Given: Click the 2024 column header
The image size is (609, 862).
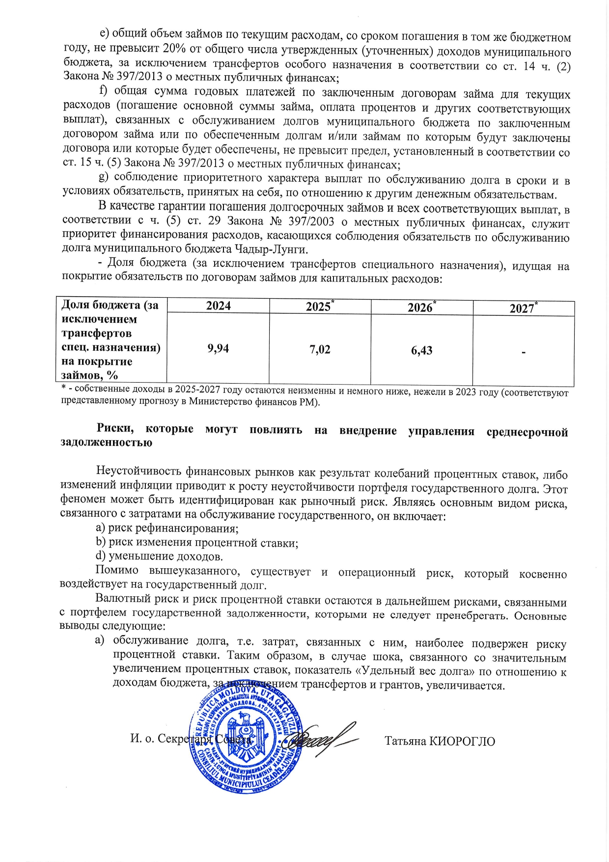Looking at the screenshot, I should tap(218, 306).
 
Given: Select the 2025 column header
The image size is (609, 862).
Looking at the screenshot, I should tap(319, 307).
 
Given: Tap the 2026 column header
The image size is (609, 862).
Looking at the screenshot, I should tap(421, 307).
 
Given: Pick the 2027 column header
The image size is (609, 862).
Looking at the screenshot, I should tap(523, 308).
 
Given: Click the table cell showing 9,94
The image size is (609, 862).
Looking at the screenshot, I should tap(218, 349).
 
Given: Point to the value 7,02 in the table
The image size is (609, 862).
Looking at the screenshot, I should tap(320, 350).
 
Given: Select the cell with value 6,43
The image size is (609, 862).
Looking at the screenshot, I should tap(421, 351).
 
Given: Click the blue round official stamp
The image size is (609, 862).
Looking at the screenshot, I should tap(246, 737).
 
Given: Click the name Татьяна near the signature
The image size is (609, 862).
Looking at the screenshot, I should tap(405, 741).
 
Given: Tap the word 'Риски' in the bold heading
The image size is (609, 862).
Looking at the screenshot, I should tap(115, 428).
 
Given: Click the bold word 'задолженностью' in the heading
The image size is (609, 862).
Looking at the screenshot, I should tap(106, 443).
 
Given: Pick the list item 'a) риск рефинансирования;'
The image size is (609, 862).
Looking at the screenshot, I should tap(167, 528).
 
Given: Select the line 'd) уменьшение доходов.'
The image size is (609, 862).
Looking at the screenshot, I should tap(159, 556).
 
